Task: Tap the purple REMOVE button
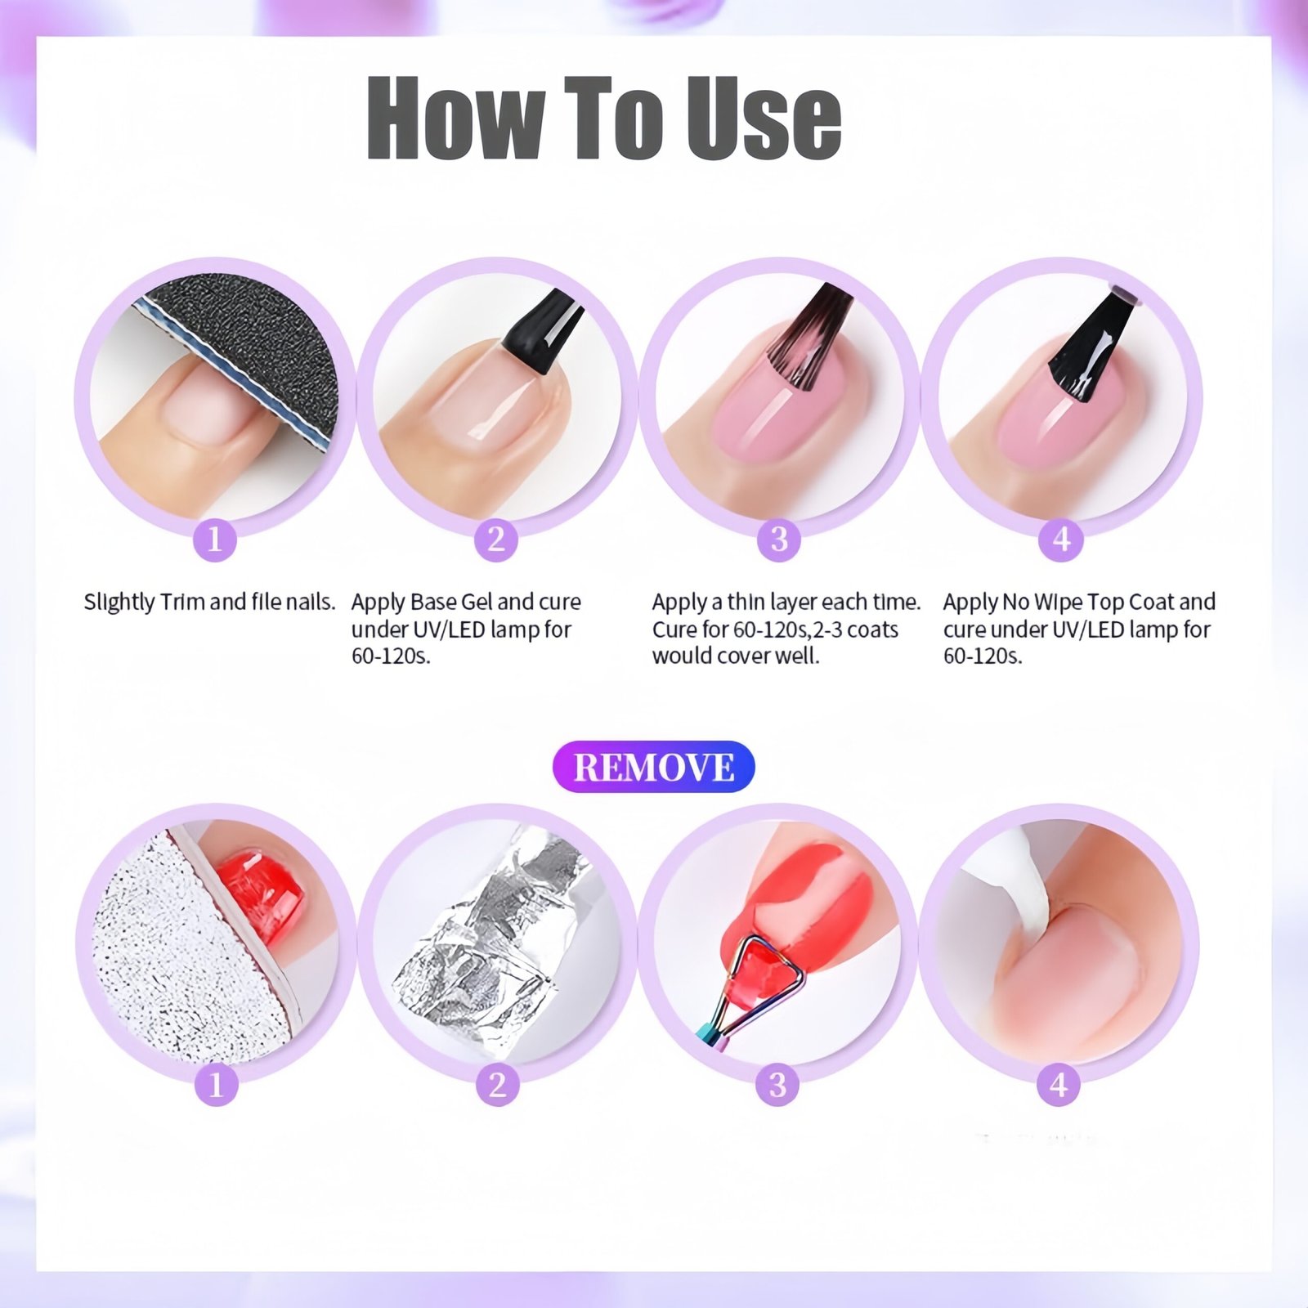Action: (x=653, y=767)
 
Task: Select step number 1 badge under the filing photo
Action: (x=215, y=540)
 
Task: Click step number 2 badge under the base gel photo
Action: (x=496, y=540)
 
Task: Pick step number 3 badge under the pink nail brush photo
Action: (x=778, y=540)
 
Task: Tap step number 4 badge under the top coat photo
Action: (x=1061, y=540)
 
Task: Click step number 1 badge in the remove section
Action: (x=216, y=1085)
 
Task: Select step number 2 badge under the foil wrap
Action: (x=497, y=1085)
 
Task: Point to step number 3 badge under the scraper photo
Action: (x=777, y=1085)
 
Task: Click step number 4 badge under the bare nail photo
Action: (x=1059, y=1085)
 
